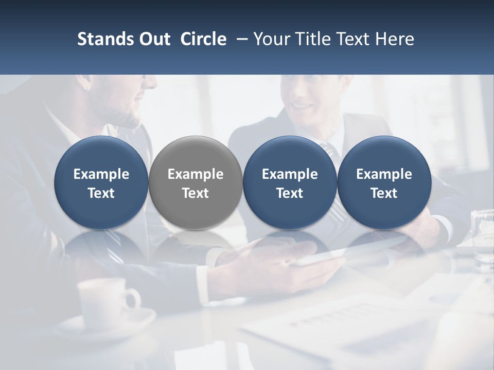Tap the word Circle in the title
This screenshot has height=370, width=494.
[203, 39]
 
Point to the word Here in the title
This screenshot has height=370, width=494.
[395, 39]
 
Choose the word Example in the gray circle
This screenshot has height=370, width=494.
[196, 174]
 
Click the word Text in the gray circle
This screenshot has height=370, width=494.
[196, 193]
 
